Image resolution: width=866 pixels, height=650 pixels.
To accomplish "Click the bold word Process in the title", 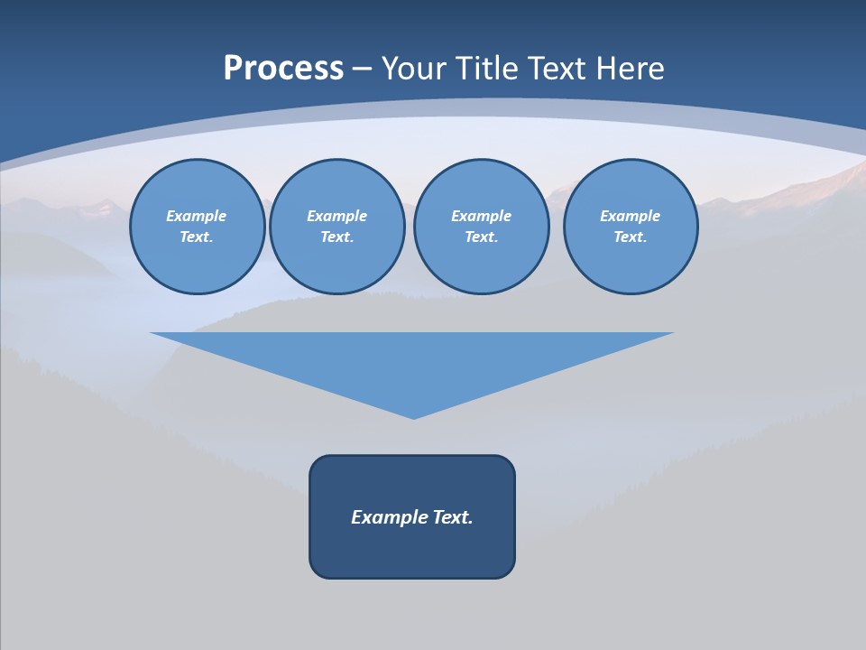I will click(283, 69).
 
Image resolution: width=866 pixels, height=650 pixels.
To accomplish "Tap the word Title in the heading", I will click(488, 69).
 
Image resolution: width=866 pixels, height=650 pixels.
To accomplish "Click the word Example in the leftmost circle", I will click(197, 216).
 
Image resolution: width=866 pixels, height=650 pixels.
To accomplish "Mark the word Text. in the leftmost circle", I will click(197, 237).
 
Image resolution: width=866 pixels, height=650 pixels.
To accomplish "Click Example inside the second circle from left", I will click(337, 216).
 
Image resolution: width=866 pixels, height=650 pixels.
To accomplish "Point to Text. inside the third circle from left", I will click(482, 237).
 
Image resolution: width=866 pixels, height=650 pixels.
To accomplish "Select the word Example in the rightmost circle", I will click(631, 216).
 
